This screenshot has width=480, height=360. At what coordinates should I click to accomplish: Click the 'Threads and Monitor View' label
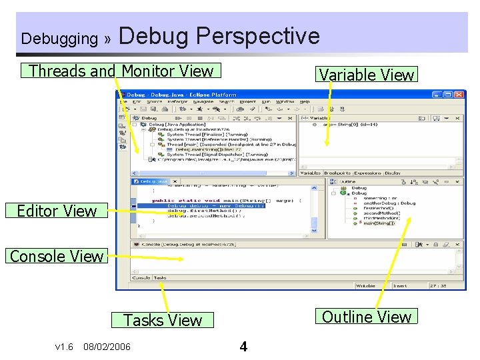point(122,71)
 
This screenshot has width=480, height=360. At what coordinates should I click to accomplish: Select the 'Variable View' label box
point(367,75)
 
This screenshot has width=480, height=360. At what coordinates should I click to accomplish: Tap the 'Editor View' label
point(57,211)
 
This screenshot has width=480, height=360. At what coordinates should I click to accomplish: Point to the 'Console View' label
point(57,256)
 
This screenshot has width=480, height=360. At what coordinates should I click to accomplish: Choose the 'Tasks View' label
point(163,321)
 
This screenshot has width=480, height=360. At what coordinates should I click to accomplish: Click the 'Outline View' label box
point(367,317)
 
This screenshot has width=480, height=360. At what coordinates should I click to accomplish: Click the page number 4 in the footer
point(243,347)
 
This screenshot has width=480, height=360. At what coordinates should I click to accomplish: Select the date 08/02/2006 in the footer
point(107,347)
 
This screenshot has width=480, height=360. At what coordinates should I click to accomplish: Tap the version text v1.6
point(64,347)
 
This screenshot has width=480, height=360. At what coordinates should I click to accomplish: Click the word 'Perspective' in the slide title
point(258,35)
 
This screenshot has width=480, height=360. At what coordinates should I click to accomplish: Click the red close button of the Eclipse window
point(458,95)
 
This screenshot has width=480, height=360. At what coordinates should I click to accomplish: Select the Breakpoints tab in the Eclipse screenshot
point(337,173)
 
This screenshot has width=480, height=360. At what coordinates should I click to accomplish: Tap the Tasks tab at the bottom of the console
point(161,277)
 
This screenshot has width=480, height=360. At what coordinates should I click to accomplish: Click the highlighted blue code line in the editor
point(216,205)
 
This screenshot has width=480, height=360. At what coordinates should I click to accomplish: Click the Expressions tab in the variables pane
point(367,173)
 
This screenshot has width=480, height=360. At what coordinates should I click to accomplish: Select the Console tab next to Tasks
point(140,277)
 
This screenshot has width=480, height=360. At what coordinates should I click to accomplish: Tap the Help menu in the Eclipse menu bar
point(305,101)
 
